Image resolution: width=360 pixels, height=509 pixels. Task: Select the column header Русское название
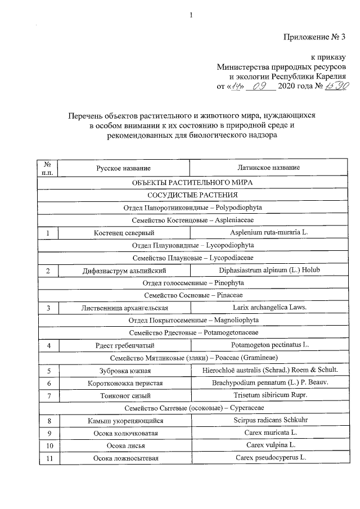123,168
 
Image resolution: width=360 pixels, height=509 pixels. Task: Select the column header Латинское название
269,168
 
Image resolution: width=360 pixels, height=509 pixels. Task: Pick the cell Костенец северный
124,232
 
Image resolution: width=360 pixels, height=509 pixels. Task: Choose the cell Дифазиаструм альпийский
124,271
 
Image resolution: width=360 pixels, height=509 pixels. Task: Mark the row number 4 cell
49,345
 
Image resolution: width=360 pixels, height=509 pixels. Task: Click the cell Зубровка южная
124,371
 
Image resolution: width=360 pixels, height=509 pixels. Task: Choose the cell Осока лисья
124,445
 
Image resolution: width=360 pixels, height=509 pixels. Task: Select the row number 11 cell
49,458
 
